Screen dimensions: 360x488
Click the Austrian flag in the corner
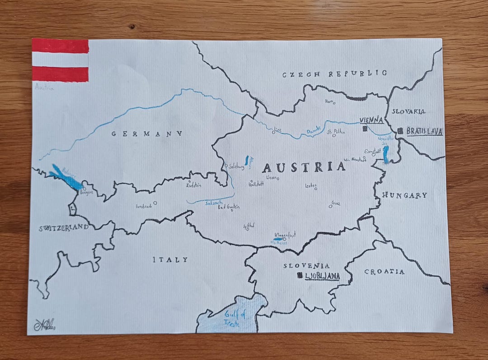click(60, 60)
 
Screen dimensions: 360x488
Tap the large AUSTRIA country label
click(304, 167)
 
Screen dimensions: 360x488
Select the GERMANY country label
click(147, 134)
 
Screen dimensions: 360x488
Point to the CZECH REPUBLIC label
click(335, 74)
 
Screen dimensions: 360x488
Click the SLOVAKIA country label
click(408, 111)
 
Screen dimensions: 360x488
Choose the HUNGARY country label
click(404, 195)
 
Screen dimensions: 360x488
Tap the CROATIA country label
click(384, 272)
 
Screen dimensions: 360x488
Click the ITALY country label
click(170, 260)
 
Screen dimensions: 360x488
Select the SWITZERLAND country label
click(64, 228)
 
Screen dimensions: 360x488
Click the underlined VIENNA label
click(371, 120)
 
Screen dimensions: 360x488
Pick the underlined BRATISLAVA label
click(424, 131)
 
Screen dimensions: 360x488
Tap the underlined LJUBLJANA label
click(322, 276)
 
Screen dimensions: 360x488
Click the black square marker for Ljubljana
click(299, 276)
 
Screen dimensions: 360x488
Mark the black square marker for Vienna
click(364, 129)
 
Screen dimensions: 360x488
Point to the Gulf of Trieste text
click(234, 320)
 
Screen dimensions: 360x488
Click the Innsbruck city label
click(144, 207)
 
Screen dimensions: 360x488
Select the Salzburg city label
click(236, 166)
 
